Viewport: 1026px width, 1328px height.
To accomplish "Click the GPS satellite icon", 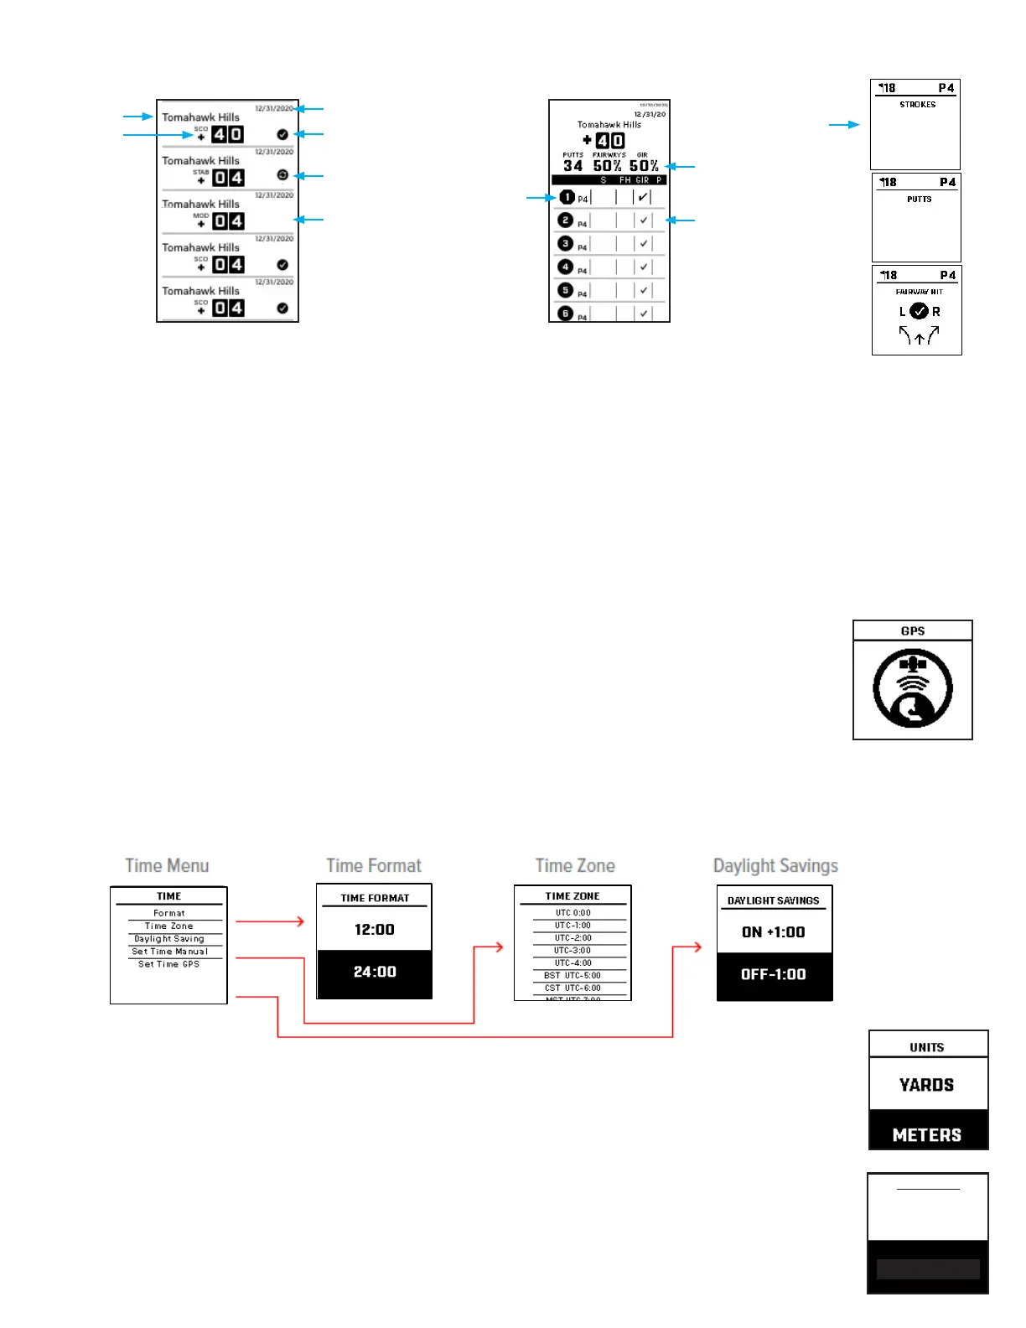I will coord(912,688).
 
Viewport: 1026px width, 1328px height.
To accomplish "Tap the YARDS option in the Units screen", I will coord(926,1085).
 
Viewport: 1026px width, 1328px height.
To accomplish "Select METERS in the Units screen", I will coord(926,1134).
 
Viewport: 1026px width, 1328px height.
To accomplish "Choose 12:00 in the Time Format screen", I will coord(374,929).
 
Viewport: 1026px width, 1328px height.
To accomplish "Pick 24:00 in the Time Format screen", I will coord(374,972).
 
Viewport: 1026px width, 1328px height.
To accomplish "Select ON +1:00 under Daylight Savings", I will coord(773,931).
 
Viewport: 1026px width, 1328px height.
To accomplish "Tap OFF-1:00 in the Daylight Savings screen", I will coord(773,974).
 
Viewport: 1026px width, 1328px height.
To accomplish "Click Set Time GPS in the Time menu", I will coord(168,964).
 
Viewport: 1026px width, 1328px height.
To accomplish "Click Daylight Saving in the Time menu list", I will coord(168,939).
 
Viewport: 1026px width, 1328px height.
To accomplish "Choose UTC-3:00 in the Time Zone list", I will coord(573,951).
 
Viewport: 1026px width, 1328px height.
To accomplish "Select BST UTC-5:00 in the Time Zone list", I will coord(573,975).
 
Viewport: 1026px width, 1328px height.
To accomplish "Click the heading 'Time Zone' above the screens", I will coord(575,865).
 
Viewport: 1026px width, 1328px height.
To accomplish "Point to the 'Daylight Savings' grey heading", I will coord(775,865).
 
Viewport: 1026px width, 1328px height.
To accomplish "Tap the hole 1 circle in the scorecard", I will coord(567,197).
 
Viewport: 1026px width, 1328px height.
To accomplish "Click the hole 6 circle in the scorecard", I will coord(566,314).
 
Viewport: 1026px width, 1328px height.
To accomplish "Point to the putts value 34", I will coord(573,166).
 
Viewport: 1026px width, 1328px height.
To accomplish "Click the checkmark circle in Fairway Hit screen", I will coord(919,311).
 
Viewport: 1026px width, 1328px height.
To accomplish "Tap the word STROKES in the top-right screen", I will coord(917,105).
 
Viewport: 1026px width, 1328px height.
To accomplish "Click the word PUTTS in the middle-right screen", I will coord(919,200).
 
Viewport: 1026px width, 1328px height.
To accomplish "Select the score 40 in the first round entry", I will coord(227,134).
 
